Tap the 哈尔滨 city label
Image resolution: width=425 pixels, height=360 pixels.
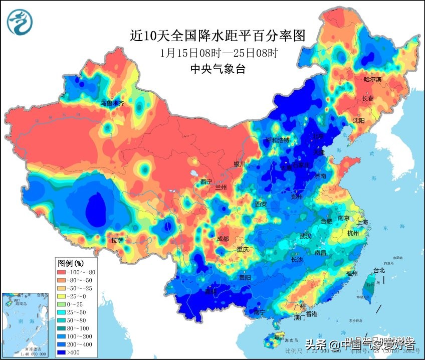372,80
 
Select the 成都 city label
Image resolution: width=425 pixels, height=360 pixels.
223,239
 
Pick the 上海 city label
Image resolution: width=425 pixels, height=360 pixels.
363,222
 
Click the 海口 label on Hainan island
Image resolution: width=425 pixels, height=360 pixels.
279,335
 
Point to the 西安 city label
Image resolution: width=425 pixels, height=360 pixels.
261,204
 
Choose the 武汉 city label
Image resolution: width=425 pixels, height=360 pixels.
305,236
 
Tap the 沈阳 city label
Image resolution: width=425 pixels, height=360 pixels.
359,120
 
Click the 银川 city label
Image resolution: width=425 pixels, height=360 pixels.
240,164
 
